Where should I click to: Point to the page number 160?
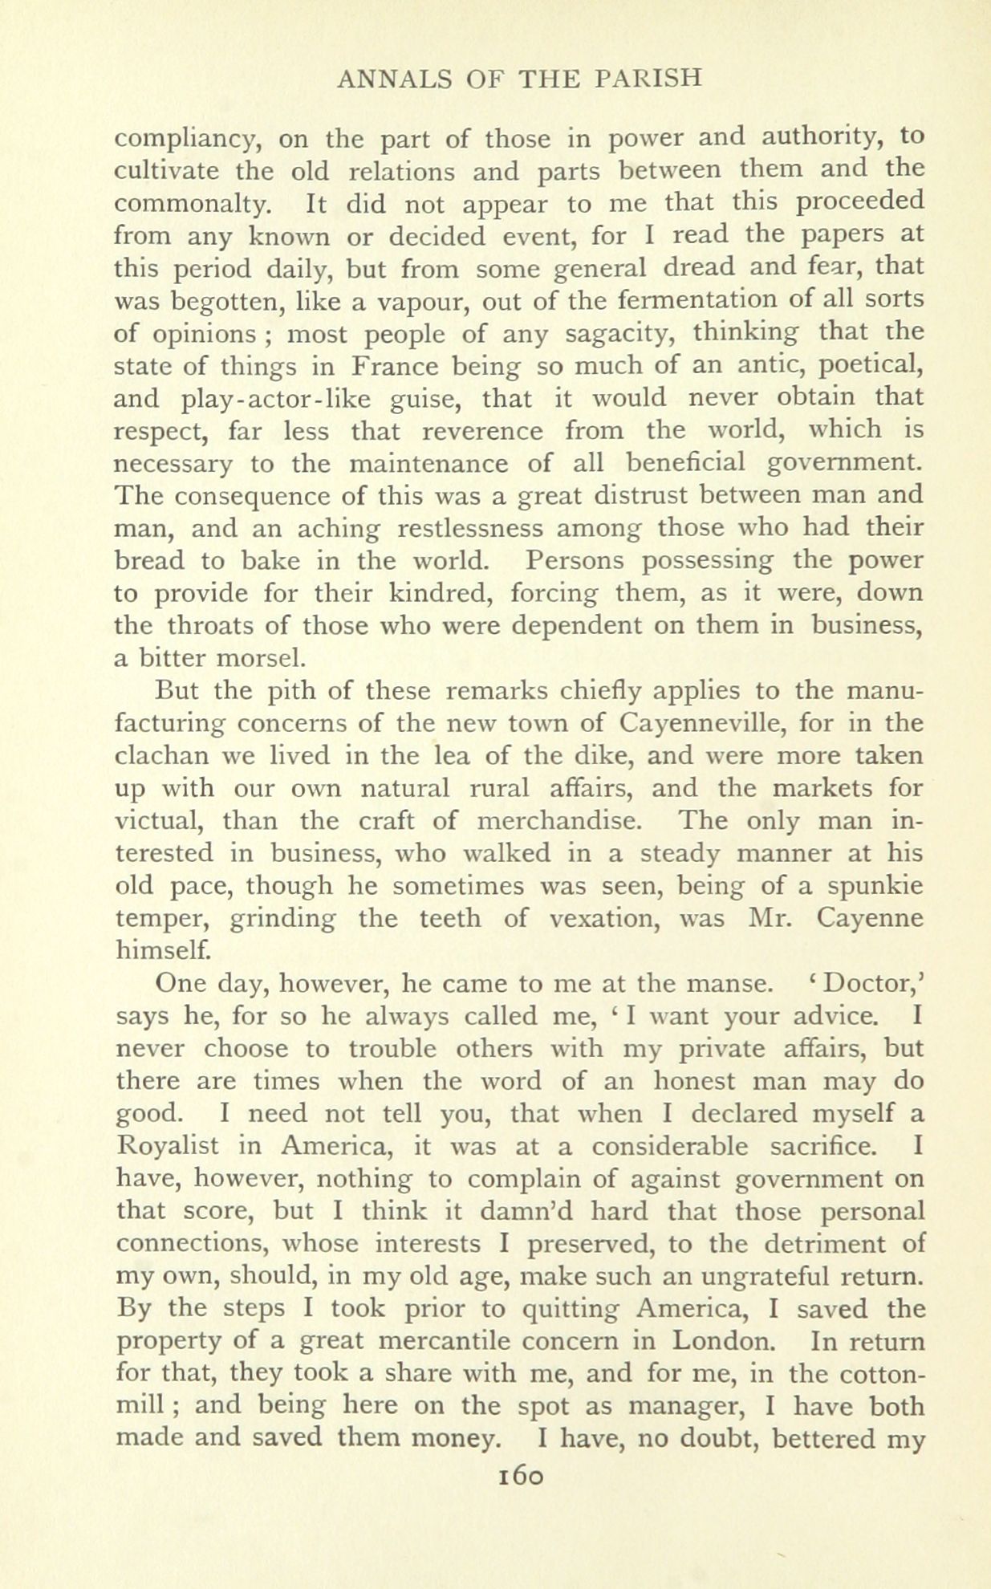(522, 1474)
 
